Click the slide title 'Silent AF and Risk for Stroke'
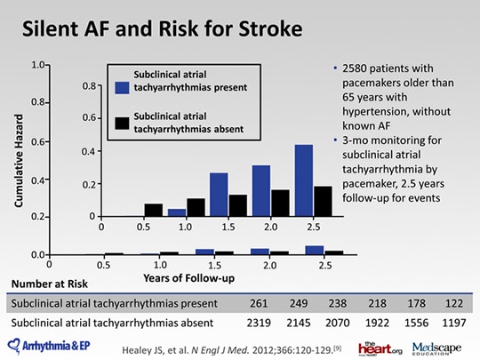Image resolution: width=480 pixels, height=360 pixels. point(163,29)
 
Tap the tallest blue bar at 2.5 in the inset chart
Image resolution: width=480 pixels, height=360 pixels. point(304,180)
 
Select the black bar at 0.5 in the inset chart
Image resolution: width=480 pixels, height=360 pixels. point(154,210)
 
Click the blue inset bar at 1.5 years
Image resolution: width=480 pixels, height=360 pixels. point(219,195)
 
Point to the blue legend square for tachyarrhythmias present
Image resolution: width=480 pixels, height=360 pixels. point(122,87)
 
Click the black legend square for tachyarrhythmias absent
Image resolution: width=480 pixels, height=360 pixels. point(122,124)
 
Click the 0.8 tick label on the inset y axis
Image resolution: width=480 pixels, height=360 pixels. point(90,86)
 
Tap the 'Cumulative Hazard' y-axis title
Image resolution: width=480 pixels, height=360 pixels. point(19,161)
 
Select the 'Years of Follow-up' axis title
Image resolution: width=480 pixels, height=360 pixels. point(188,278)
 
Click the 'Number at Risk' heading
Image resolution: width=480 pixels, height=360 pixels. point(50,284)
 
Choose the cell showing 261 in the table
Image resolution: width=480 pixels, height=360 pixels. point(259,303)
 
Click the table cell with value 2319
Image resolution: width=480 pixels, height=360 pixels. point(259,323)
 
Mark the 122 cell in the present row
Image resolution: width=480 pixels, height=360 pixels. point(454,303)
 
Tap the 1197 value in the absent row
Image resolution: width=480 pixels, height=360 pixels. point(454,323)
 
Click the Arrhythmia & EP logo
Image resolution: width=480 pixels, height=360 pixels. point(49,346)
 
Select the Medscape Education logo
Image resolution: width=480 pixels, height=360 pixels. point(436,348)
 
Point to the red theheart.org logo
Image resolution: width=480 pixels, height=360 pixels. point(380,348)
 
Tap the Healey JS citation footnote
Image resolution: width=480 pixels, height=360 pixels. point(232,349)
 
